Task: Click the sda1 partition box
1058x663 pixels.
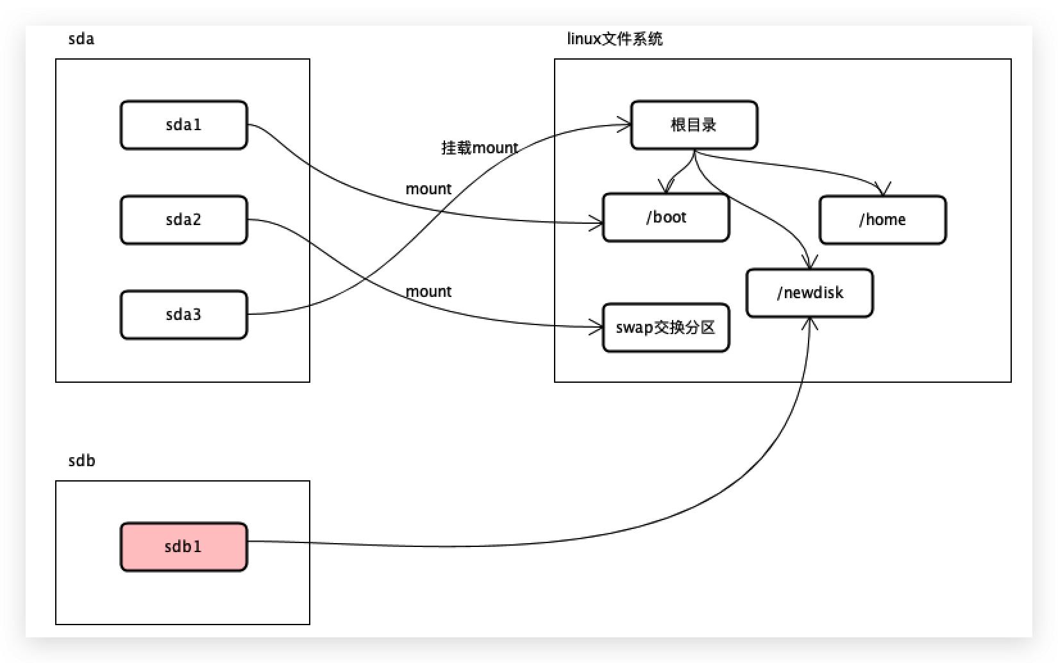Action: coord(183,125)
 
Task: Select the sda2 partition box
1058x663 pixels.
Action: coord(183,220)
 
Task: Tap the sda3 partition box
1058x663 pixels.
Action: coord(183,315)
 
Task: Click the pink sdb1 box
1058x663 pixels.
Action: coord(183,547)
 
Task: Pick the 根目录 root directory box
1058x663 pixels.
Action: coord(694,125)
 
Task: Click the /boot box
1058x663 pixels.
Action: coord(666,218)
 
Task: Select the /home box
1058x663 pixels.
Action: coord(882,220)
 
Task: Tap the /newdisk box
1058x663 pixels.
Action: coord(809,293)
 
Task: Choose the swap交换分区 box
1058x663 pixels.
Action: coord(666,328)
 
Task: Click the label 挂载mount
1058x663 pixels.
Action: coord(480,148)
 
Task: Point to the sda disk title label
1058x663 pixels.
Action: coord(81,39)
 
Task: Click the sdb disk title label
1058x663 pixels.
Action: coord(81,461)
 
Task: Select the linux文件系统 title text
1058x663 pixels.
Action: coord(614,39)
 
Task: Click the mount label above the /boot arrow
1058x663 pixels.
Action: coord(428,189)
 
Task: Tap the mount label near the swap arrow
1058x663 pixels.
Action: coord(428,292)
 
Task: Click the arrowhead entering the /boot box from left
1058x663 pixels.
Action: coord(598,224)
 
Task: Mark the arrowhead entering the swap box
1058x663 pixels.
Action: coord(598,328)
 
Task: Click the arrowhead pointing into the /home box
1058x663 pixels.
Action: coord(884,190)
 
